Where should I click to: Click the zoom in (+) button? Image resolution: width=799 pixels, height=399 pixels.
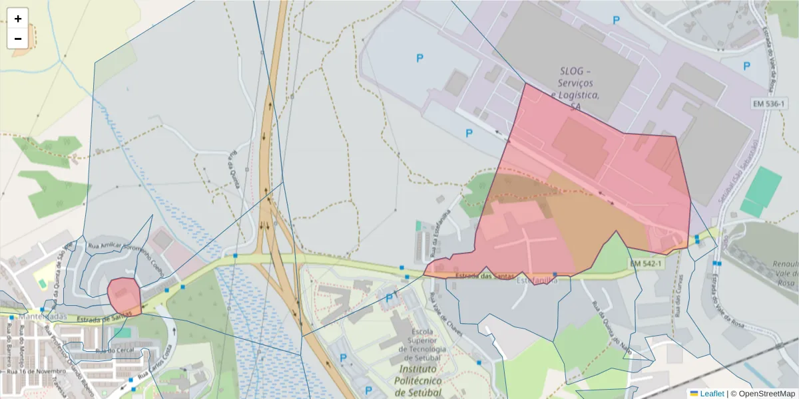coord(18,19)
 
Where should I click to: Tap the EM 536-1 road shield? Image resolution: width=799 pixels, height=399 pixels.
coord(769,104)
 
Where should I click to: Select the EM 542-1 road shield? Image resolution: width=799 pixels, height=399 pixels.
coord(646,264)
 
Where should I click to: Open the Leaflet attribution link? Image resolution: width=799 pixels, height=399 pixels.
coord(711,394)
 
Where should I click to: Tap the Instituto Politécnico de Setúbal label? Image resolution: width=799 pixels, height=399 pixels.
coord(417,380)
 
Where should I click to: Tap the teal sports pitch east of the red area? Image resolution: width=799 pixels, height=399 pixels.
coord(760,191)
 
